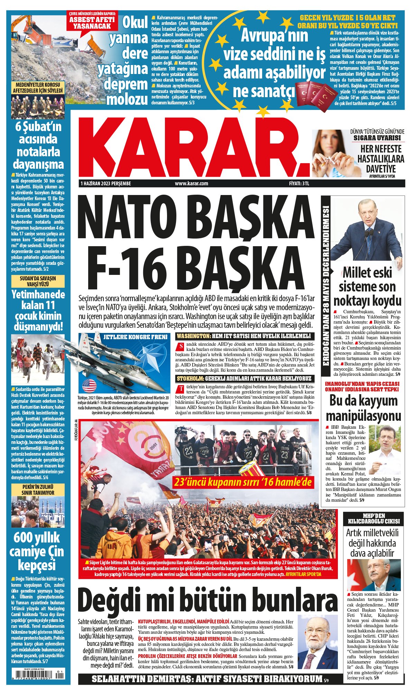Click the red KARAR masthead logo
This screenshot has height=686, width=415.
[194, 147]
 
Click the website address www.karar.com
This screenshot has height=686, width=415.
[191, 183]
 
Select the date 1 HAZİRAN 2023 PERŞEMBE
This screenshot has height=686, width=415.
[105, 183]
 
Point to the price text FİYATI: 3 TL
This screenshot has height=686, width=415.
[299, 183]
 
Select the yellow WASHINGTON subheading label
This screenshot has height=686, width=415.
[193, 336]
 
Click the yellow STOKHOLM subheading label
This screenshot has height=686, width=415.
[191, 378]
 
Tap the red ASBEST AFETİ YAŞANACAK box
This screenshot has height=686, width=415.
[92, 21]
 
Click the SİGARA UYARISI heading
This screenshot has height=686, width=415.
[377, 138]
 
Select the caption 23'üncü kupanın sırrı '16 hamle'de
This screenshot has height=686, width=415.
[243, 482]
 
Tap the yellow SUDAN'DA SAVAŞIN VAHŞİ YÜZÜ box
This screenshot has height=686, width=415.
[38, 281]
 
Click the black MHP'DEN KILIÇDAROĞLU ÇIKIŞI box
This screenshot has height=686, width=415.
[373, 518]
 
